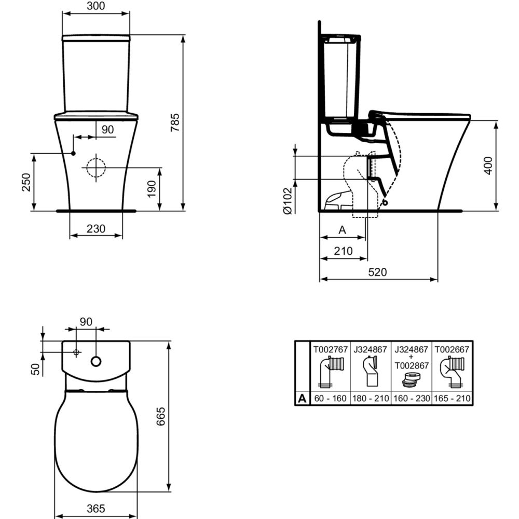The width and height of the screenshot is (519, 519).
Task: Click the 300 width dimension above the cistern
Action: (x=96, y=6)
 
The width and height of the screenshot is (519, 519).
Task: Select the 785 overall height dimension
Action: (x=175, y=122)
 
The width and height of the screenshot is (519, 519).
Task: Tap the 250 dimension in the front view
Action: (x=26, y=182)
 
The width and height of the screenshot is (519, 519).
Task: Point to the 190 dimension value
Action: (x=151, y=189)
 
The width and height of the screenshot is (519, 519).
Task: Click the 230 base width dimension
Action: (x=96, y=228)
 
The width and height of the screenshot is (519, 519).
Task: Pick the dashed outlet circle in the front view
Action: (x=96, y=168)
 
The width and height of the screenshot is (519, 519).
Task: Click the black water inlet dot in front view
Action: (x=74, y=153)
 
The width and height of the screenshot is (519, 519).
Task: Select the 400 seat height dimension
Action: (x=488, y=166)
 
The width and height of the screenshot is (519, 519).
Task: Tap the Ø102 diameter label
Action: (x=288, y=201)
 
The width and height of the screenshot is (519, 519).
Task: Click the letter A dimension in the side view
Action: (x=342, y=230)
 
